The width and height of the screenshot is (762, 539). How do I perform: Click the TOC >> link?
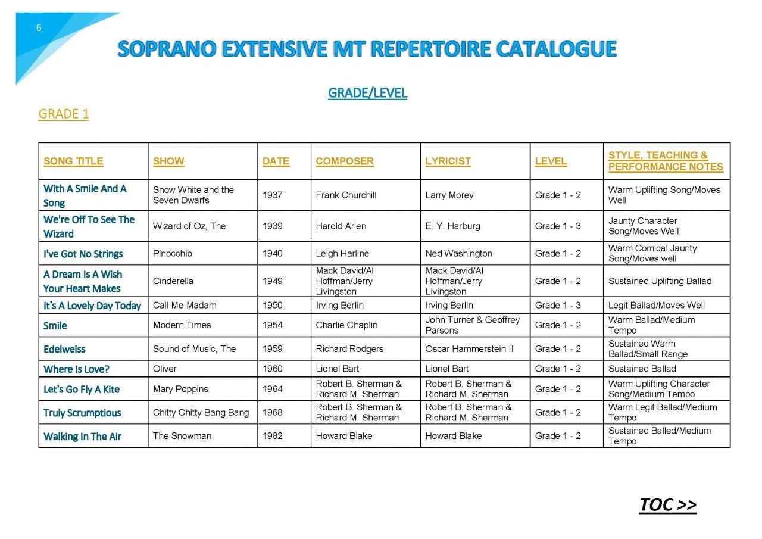pos(667,504)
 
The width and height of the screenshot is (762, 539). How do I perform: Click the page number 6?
pos(39,28)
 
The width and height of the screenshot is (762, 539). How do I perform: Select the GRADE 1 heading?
pos(63,114)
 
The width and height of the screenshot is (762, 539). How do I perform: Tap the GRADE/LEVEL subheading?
pos(367,93)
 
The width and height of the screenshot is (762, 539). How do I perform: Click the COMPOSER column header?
pos(345,161)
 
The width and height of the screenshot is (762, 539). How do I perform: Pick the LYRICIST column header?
pos(448,161)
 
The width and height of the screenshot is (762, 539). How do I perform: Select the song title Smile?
pos(55,326)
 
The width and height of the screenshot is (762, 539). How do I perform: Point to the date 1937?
pos(272,195)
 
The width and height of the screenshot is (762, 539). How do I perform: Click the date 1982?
pos(272,435)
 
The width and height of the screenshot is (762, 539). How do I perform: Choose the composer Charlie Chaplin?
pos(346,325)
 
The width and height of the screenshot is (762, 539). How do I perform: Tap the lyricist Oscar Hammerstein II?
pos(469,348)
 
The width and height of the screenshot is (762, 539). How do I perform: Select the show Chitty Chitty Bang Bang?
pos(201,412)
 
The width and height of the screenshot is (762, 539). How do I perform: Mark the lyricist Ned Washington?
pos(458,253)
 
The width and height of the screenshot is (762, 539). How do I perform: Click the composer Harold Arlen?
pos(341,226)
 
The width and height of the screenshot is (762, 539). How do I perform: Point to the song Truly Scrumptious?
pos(82,413)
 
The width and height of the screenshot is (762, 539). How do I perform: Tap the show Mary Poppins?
pos(180,389)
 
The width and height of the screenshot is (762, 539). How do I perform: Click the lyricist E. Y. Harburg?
pos(452,226)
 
